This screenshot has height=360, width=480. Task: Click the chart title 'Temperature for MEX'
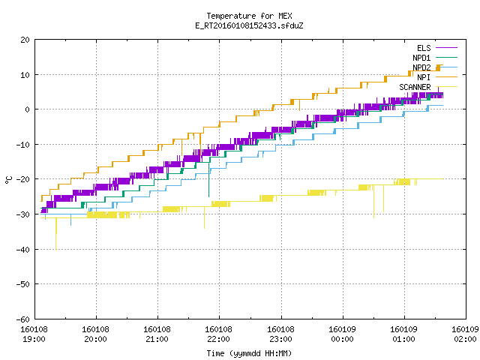249,16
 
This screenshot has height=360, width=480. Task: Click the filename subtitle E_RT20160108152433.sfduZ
249,25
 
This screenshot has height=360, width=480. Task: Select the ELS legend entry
424,48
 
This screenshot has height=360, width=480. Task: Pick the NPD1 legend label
421,58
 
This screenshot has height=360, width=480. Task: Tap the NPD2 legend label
421,67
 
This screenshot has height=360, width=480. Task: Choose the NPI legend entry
424,77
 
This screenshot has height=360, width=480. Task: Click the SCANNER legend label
415,87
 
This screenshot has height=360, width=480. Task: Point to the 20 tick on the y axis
25,40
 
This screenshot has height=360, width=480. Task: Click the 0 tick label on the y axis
27,109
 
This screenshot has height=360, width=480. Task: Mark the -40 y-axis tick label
23,250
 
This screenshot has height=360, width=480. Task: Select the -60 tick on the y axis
23,319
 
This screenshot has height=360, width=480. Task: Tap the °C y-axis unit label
9,180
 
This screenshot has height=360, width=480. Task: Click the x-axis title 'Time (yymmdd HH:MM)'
249,353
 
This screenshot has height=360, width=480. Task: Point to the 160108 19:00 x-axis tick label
34,334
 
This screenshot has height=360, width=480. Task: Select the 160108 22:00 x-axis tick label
218,334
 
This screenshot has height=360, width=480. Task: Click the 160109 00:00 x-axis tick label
342,334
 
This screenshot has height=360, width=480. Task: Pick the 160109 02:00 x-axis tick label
465,334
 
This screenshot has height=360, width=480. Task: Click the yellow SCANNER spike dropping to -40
56,234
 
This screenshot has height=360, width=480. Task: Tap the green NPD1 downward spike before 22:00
208,178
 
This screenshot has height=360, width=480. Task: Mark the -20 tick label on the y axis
23,179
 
